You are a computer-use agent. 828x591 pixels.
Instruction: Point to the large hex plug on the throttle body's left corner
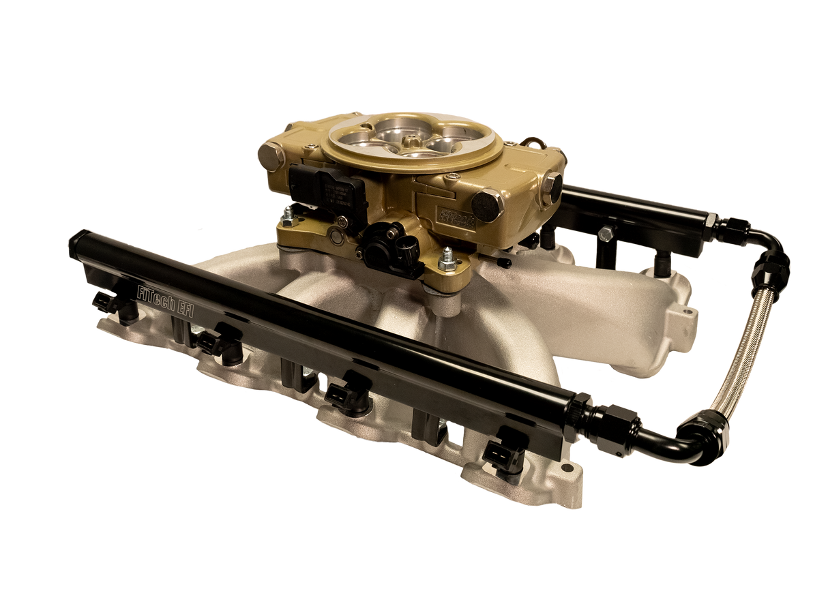point(271,155)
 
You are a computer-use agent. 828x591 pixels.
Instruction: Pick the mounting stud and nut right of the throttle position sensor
point(449,260)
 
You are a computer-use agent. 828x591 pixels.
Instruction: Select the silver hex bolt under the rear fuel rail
point(604,234)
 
